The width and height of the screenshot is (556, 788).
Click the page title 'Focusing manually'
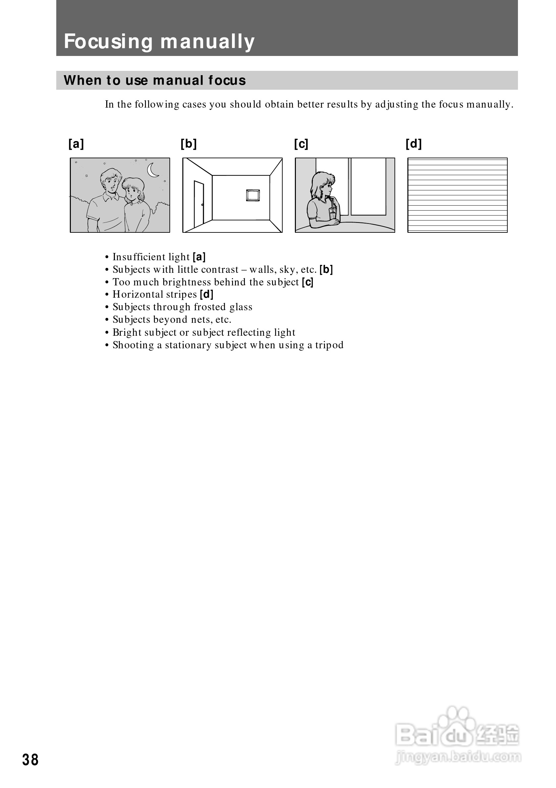pos(159,42)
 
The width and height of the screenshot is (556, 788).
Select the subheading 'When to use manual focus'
pos(155,80)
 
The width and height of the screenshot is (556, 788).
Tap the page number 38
pos(30,760)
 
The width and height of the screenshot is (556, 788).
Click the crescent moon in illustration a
pos(153,170)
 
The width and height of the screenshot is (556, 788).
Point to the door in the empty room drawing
pos(199,204)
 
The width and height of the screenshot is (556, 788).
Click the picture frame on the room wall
pos(253,195)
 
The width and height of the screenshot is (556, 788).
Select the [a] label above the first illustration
pos(76,143)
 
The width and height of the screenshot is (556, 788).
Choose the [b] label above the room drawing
pos(189,143)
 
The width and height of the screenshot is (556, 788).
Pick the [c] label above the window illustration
pos(301,143)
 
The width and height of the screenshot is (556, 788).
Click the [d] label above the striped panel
pos(414,143)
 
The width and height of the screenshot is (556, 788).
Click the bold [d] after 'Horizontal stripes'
pos(207,294)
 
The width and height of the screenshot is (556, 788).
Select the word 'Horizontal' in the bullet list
pos(137,294)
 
